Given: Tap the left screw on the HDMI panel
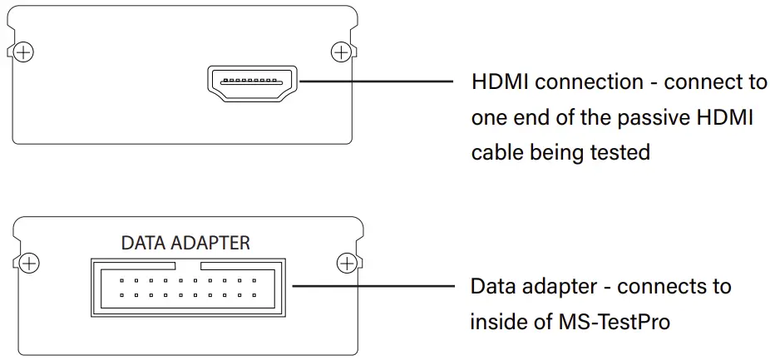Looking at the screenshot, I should (x=25, y=52).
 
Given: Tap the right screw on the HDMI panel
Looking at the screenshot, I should (x=341, y=52).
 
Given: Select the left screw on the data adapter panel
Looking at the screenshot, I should (x=29, y=264).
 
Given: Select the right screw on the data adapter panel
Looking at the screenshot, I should (x=346, y=264).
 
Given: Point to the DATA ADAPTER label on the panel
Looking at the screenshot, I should (x=185, y=243).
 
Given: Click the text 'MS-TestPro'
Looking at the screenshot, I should (x=614, y=322).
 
